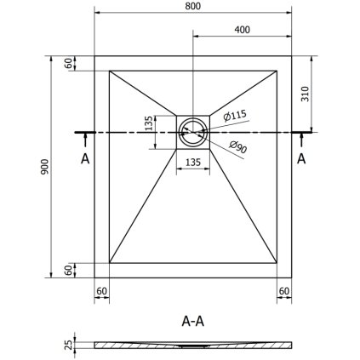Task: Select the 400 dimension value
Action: coord(242,29)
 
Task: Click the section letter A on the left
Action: coord(83,158)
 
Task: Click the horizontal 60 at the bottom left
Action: coord(101,291)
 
